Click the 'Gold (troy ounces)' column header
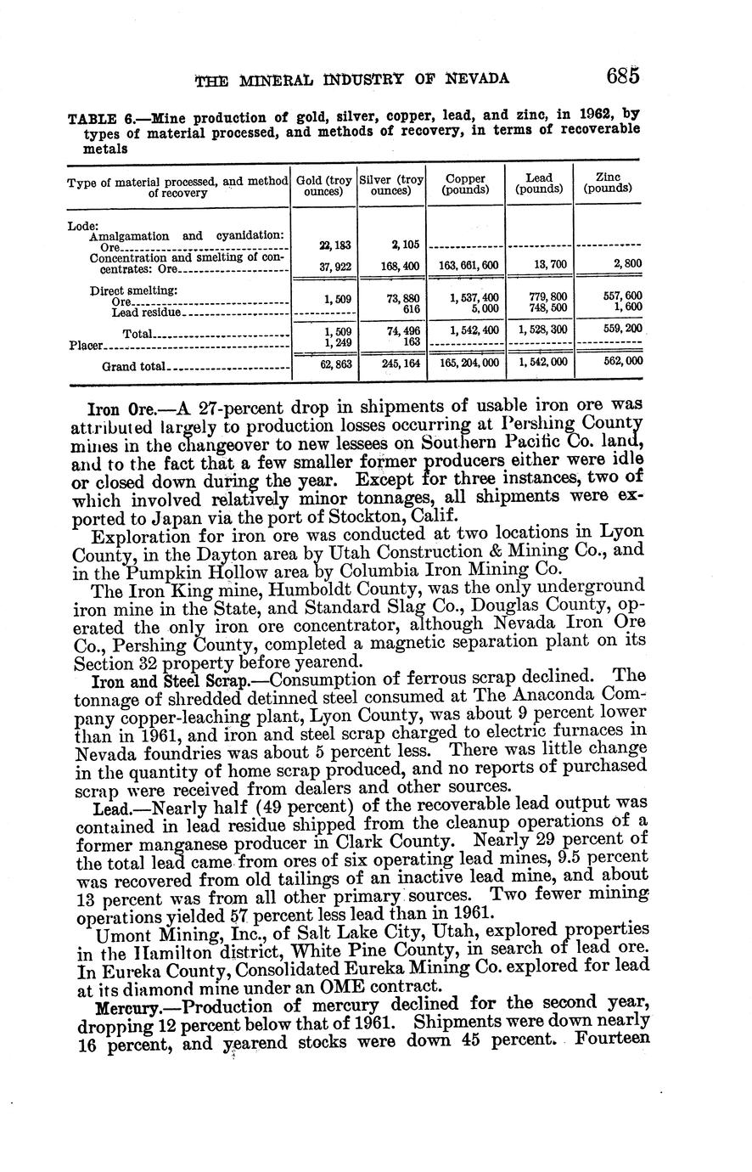323,185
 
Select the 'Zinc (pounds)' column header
608,183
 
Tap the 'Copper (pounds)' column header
465,184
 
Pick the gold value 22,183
337,245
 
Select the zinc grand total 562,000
623,361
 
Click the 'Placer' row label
85,346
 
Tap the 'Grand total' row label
133,367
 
